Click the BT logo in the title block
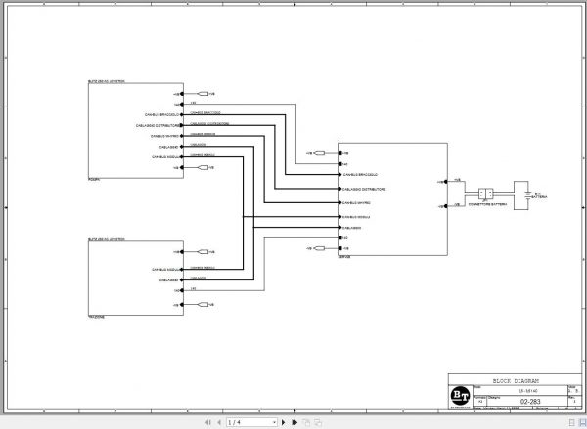click(x=458, y=393)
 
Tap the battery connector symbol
click(x=485, y=193)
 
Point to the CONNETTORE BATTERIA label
click(x=485, y=205)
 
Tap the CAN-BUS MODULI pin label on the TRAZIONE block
click(x=162, y=269)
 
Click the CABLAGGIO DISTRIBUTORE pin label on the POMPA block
click(x=158, y=125)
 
